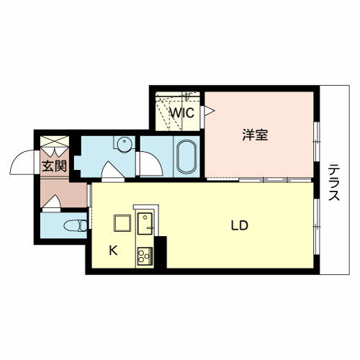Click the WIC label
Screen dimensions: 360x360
[182, 112]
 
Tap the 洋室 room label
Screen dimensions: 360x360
[255, 135]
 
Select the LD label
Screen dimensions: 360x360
[240, 225]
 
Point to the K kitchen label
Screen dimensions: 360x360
[113, 251]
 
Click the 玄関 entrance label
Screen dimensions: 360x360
[54, 166]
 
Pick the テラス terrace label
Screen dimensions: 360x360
[334, 182]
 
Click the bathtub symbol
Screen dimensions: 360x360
[187, 156]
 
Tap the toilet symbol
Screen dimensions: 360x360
[76, 225]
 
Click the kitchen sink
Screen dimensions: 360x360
[145, 224]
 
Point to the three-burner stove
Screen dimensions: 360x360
[145, 256]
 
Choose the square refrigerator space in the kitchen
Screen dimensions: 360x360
[122, 223]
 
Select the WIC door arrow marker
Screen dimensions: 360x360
[208, 111]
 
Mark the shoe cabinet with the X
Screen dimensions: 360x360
[55, 141]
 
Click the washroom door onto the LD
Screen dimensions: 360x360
[113, 170]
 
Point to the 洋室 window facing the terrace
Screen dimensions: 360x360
[317, 142]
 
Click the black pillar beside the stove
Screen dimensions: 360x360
[161, 252]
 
